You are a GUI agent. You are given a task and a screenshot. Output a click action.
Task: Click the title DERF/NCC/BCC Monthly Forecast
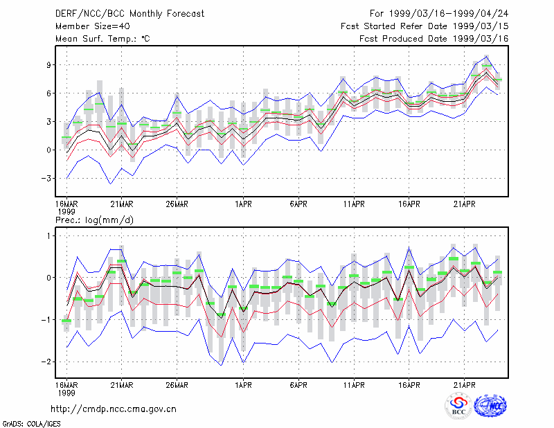(129, 14)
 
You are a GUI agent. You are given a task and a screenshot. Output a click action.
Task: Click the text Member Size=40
(93, 26)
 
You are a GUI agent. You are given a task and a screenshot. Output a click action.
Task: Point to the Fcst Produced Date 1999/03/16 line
(434, 39)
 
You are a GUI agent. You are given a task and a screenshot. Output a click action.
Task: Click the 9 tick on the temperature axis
(48, 64)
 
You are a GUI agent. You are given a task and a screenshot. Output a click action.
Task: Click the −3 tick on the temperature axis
(46, 178)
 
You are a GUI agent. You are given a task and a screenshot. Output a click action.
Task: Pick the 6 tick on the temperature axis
(48, 93)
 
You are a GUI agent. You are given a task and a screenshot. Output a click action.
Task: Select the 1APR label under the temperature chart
(244, 204)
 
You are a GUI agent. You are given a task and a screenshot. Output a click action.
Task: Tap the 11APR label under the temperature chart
(354, 204)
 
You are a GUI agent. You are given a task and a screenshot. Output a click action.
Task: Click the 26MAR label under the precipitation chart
(177, 385)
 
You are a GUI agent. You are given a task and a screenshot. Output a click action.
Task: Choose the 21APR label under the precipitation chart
(464, 385)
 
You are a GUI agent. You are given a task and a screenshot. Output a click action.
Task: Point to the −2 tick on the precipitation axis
(46, 362)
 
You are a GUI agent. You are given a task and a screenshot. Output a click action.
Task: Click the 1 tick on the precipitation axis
(48, 235)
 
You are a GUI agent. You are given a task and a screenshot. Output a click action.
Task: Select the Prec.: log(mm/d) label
(94, 220)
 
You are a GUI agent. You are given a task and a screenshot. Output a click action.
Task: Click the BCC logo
(458, 406)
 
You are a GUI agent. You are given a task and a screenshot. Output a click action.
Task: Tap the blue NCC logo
(491, 406)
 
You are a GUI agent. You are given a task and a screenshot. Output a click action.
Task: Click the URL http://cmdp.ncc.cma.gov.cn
(114, 409)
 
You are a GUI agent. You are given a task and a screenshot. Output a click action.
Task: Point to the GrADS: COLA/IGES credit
(31, 424)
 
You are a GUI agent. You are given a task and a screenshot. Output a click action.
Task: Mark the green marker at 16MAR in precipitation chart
(66, 321)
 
